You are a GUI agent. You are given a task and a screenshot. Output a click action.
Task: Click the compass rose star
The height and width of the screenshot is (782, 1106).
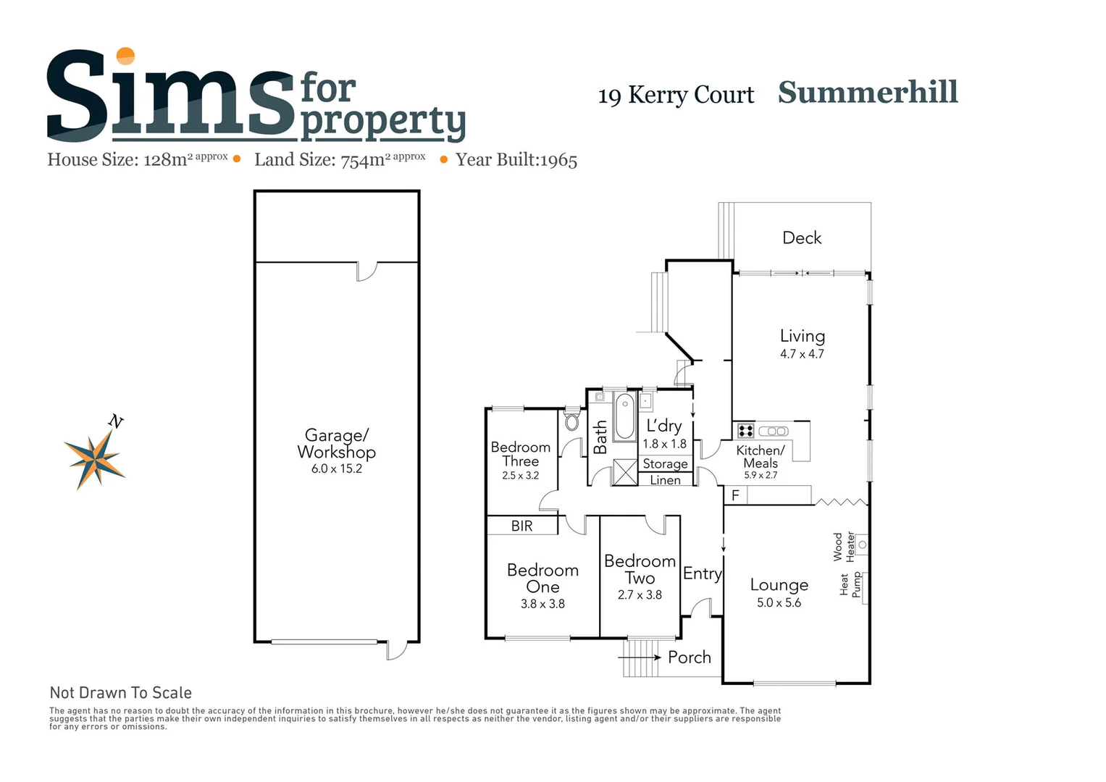pyautogui.click(x=94, y=458)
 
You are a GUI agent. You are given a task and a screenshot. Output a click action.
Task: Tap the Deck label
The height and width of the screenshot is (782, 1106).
pyautogui.click(x=802, y=237)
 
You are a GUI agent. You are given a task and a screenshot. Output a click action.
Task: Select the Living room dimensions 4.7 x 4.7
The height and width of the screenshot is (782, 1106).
pyautogui.click(x=802, y=354)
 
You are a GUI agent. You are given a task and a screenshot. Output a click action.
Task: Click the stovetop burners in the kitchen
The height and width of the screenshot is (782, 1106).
pyautogui.click(x=745, y=432)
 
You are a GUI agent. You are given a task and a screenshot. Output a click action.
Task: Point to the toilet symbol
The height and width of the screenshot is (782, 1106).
pyautogui.click(x=571, y=421)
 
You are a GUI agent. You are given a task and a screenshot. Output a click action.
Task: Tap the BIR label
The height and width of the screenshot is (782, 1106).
pyautogui.click(x=521, y=526)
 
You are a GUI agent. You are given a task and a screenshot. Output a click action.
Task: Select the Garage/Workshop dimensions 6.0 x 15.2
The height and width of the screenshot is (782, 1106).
pyautogui.click(x=336, y=468)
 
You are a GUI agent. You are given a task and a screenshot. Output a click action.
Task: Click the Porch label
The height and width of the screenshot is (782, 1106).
pyautogui.click(x=689, y=657)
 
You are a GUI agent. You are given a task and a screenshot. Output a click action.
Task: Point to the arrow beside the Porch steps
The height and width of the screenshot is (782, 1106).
pyautogui.click(x=640, y=657)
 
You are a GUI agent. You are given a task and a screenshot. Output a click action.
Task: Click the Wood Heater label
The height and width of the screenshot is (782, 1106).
pyautogui.click(x=844, y=547)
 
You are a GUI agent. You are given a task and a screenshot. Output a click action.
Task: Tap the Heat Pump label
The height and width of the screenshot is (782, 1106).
pyautogui.click(x=850, y=585)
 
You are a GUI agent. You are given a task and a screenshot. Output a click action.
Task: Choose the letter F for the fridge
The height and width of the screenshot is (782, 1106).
pyautogui.click(x=735, y=496)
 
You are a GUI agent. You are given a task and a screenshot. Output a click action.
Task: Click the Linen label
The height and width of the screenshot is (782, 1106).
pyautogui.click(x=665, y=480)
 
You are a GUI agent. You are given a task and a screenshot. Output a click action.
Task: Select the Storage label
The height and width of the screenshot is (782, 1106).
pyautogui.click(x=665, y=463)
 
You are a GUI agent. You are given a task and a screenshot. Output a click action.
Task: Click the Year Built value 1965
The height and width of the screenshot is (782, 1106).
pyautogui.click(x=558, y=161)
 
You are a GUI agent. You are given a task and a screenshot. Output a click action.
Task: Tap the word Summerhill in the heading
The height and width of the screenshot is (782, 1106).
pyautogui.click(x=868, y=93)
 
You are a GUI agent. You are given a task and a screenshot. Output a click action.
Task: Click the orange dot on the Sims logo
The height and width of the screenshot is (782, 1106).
pyautogui.click(x=125, y=56)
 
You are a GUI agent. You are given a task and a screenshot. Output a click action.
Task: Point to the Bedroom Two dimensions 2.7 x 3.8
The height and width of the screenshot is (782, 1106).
pyautogui.click(x=640, y=595)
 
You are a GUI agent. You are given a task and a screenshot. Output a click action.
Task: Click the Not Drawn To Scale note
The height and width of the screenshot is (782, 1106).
pyautogui.click(x=121, y=693)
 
